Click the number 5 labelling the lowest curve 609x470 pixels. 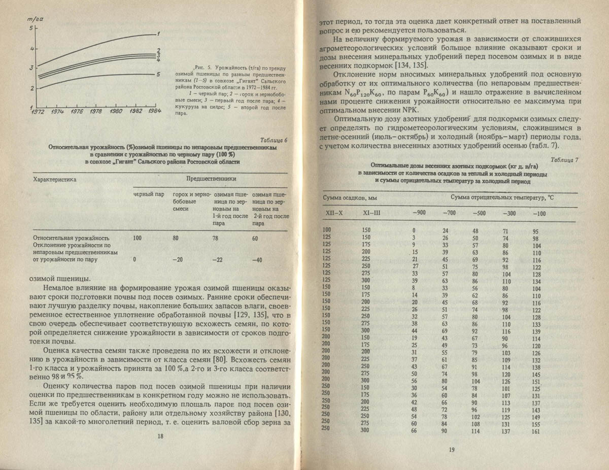(158, 74)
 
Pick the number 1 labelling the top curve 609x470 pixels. (158, 34)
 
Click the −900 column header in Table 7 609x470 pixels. (419, 213)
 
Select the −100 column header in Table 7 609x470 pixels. (539, 213)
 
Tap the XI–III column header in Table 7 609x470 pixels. (371, 213)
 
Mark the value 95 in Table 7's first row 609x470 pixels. (535, 231)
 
